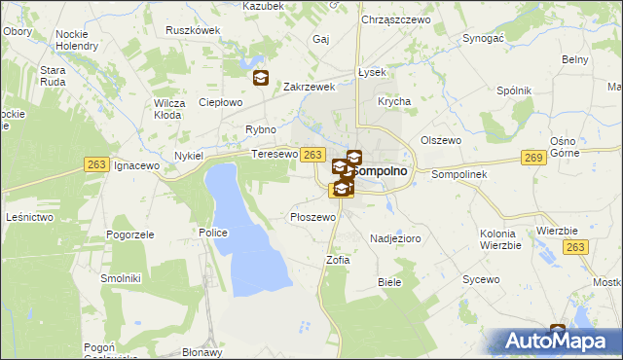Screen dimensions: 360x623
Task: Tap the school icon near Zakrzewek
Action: (x=260, y=79)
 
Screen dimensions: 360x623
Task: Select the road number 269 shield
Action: (x=532, y=158)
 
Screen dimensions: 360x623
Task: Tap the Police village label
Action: (x=213, y=233)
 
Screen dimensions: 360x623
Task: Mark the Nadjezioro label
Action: (x=394, y=237)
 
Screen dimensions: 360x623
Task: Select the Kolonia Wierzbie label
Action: (x=502, y=238)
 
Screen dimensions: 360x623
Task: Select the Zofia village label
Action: (x=337, y=260)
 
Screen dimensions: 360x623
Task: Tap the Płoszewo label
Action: (x=312, y=217)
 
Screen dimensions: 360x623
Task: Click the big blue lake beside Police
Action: (x=248, y=234)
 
